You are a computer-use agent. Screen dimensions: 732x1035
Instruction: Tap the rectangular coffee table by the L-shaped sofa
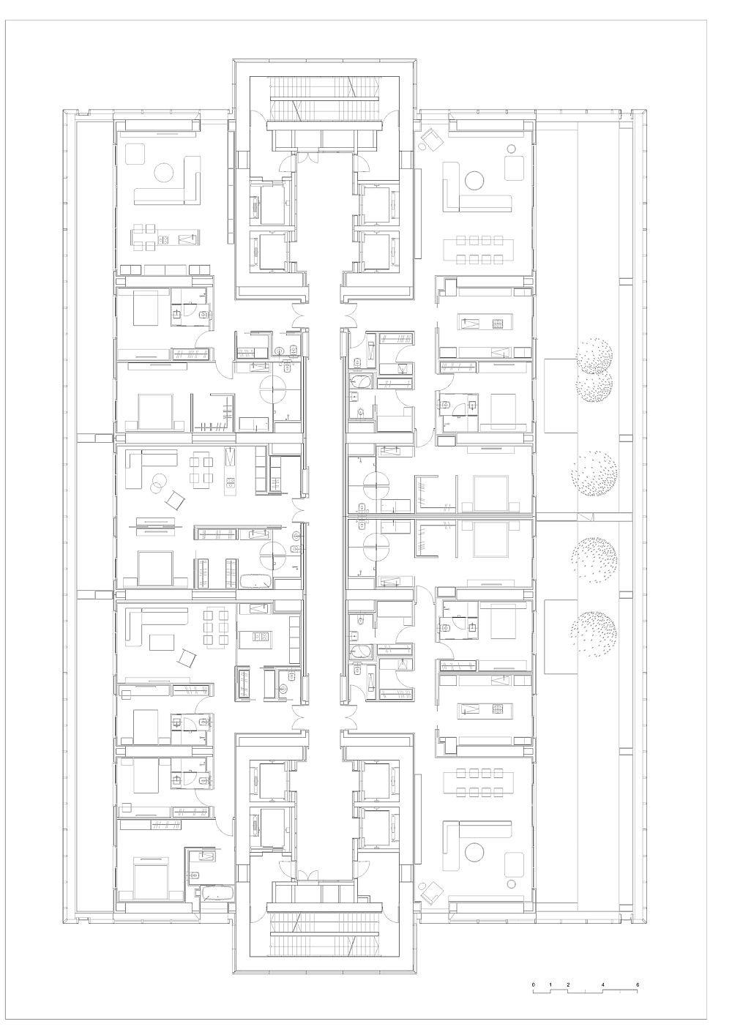click(161, 642)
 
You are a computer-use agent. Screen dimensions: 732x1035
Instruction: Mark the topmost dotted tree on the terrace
click(594, 356)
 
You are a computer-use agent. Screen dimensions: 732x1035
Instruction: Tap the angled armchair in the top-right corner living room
click(432, 139)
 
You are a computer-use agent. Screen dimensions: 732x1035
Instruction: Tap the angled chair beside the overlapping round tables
click(175, 499)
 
